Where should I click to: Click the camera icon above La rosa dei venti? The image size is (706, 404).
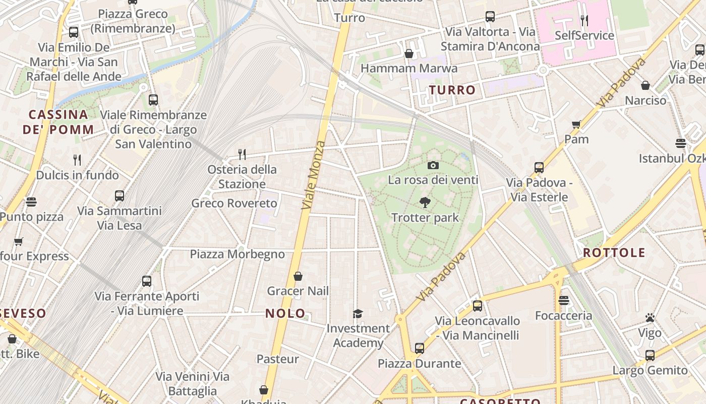[x=433, y=165]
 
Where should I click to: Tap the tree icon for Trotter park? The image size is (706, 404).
[x=425, y=203]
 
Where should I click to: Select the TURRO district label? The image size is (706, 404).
[x=452, y=90]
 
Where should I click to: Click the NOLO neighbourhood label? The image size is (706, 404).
[x=285, y=313]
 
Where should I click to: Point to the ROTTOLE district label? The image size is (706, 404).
[x=614, y=252]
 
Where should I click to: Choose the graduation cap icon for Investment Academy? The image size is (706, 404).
[x=358, y=314]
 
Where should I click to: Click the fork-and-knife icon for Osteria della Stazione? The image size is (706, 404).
[x=242, y=154]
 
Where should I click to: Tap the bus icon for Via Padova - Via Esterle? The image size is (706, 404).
[x=539, y=168]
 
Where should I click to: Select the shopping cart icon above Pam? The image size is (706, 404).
[x=576, y=124]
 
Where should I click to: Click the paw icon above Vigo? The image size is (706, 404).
[x=650, y=318]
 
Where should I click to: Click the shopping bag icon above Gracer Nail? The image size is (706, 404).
[x=298, y=276]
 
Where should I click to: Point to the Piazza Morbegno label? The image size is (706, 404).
[x=237, y=254]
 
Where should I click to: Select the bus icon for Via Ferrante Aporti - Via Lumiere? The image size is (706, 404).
[x=147, y=281]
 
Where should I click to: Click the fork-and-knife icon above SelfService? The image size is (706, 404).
[x=584, y=21]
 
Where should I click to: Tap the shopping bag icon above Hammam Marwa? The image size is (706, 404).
[x=409, y=54]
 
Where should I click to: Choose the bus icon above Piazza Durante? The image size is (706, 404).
[x=420, y=348]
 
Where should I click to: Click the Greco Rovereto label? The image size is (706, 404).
[x=234, y=204]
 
